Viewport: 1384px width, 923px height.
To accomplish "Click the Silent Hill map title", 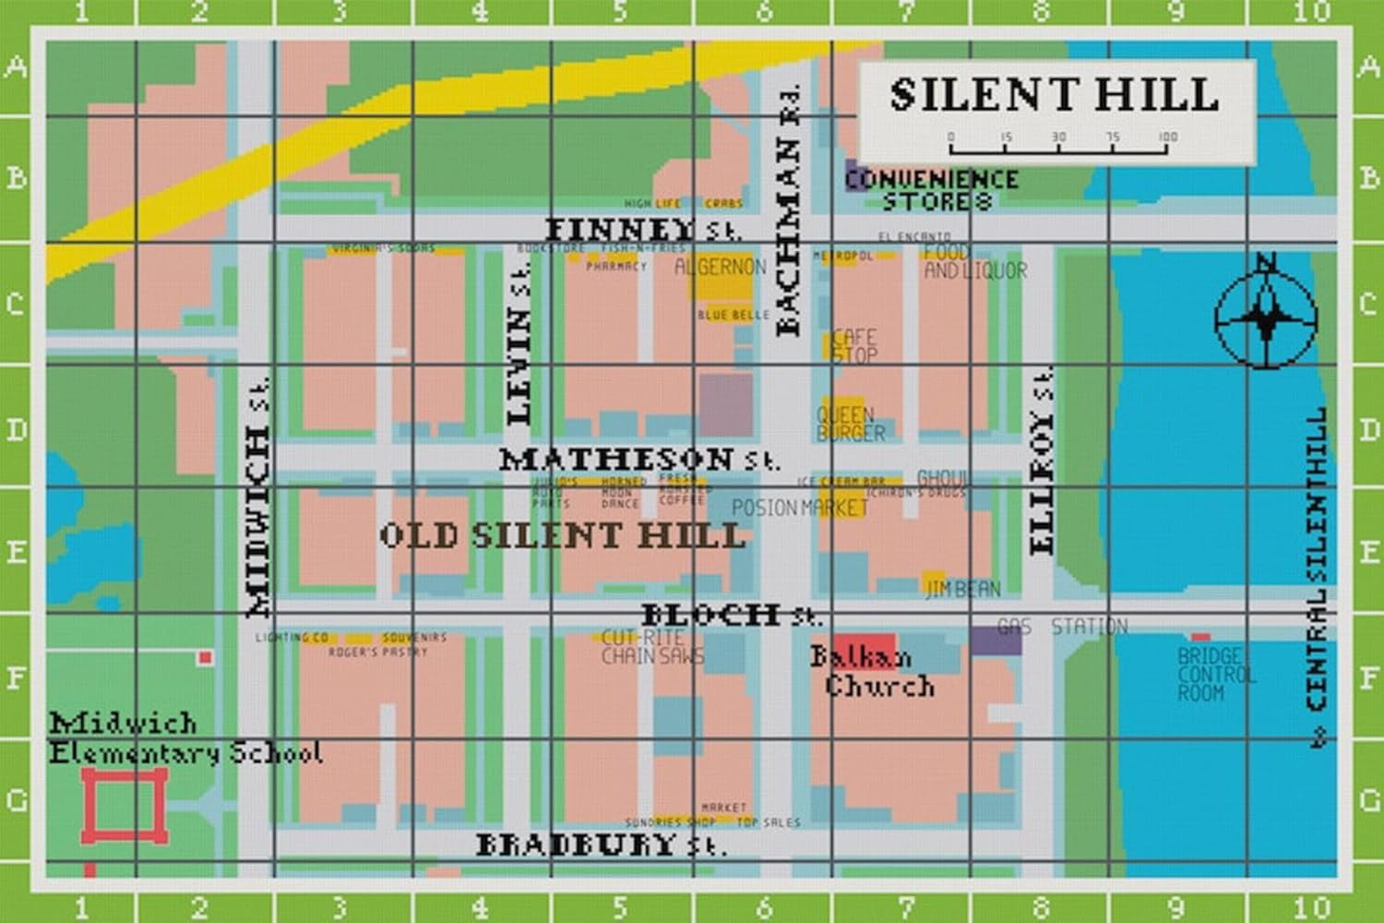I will point(1054,94).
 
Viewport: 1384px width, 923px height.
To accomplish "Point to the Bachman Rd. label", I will point(789,210).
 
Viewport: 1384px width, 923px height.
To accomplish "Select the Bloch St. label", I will point(730,615).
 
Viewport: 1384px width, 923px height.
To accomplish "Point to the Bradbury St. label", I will point(600,845).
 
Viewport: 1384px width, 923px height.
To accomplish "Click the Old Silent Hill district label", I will point(562,535).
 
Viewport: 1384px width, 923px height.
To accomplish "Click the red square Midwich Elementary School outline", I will point(125,806).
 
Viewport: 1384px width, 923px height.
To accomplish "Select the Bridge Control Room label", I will point(1215,675).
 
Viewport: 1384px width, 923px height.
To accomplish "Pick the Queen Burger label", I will point(850,424).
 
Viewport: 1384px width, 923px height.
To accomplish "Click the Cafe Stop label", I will point(853,346).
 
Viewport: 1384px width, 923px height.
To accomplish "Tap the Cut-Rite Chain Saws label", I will point(651,647).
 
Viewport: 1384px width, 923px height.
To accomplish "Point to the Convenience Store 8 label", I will point(932,189).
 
